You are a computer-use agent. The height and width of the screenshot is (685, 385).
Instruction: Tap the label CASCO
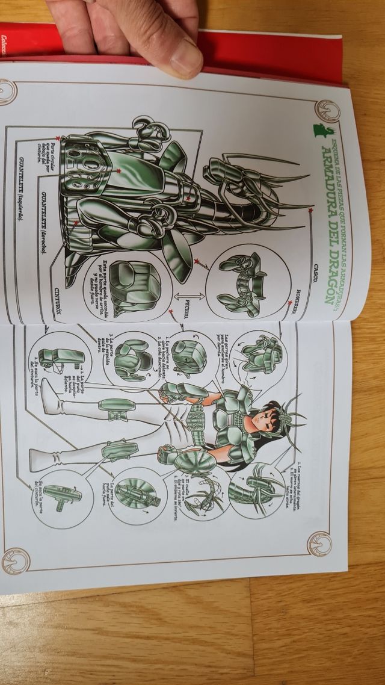pos(315,271)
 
